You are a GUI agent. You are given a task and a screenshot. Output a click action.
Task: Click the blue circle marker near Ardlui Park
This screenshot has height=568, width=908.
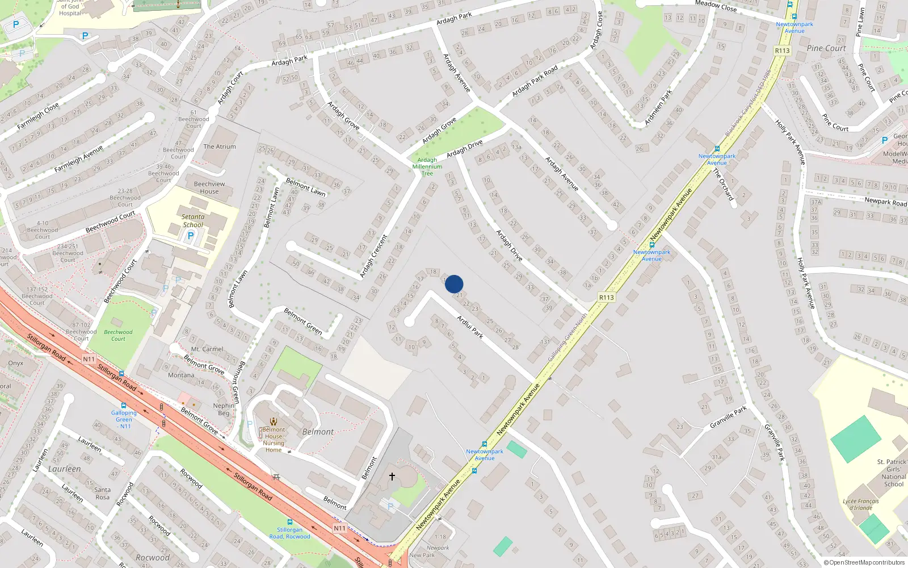(x=454, y=284)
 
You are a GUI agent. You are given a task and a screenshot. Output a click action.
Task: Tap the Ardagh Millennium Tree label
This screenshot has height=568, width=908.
(x=427, y=166)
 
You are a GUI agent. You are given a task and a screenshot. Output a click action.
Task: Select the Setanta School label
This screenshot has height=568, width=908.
(x=193, y=220)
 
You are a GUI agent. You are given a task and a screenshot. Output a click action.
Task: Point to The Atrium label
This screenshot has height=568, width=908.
(x=220, y=147)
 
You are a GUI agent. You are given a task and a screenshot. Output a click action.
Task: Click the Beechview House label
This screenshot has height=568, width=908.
(x=209, y=187)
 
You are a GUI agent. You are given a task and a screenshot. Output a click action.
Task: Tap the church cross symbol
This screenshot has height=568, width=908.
(x=392, y=476)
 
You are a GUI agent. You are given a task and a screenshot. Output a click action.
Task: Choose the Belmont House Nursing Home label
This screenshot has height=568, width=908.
(x=274, y=440)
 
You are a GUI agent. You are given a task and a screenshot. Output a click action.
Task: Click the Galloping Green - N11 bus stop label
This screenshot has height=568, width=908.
(x=124, y=419)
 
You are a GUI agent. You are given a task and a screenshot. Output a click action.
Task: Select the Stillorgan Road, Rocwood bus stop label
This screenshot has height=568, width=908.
(x=289, y=533)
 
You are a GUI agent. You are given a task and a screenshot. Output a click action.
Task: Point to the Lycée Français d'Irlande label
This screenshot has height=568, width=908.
(x=860, y=504)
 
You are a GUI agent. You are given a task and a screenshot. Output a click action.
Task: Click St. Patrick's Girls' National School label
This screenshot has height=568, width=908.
(x=893, y=473)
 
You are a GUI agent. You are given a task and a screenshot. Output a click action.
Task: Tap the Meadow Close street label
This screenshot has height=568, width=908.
(x=716, y=6)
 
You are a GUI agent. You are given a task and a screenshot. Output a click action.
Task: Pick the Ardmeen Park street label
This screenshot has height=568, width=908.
(x=658, y=107)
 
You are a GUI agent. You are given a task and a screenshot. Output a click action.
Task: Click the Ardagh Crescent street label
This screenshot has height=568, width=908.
(x=373, y=256)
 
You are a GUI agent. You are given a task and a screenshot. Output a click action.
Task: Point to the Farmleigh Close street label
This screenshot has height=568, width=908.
(x=37, y=116)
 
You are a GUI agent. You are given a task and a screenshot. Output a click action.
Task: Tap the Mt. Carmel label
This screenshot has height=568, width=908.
(x=207, y=349)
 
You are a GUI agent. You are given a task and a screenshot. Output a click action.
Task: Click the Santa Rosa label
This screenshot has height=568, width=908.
(x=103, y=493)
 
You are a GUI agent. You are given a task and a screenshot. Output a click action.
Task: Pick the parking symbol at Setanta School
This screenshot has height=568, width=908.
(x=191, y=236)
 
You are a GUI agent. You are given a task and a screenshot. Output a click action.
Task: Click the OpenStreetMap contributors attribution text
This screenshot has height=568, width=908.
(x=864, y=562)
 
